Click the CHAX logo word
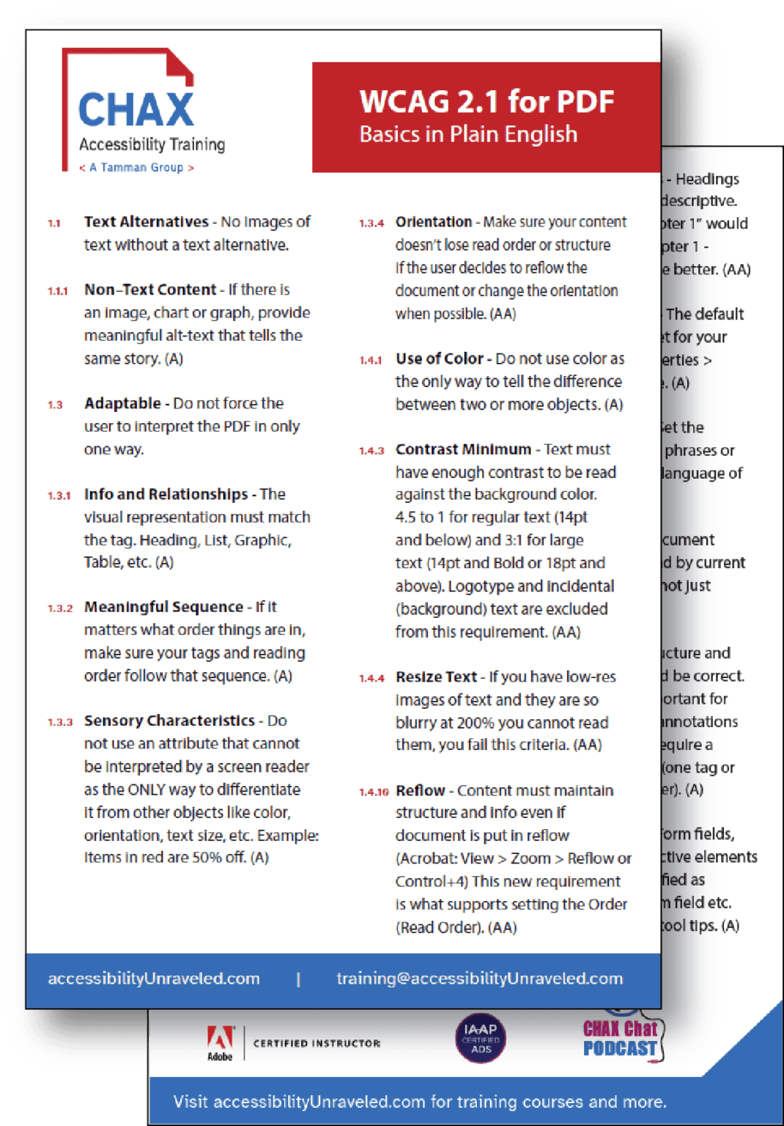point(136,110)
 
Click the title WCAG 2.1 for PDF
point(487,102)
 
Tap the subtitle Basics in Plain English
point(468,135)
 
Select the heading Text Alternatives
point(146,221)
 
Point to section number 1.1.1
point(57,291)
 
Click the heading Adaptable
point(122,403)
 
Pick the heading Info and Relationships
point(166,494)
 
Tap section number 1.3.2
point(60,608)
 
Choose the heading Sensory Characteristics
point(169,721)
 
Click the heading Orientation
point(434,221)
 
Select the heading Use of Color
point(440,358)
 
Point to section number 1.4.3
point(371,451)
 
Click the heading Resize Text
point(436,677)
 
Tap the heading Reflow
point(420,790)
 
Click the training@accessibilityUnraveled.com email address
point(479,979)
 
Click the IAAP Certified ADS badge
point(481,1038)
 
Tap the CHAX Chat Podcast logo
point(621,1038)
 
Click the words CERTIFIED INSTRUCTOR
point(317,1043)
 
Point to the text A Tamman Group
point(136,168)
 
